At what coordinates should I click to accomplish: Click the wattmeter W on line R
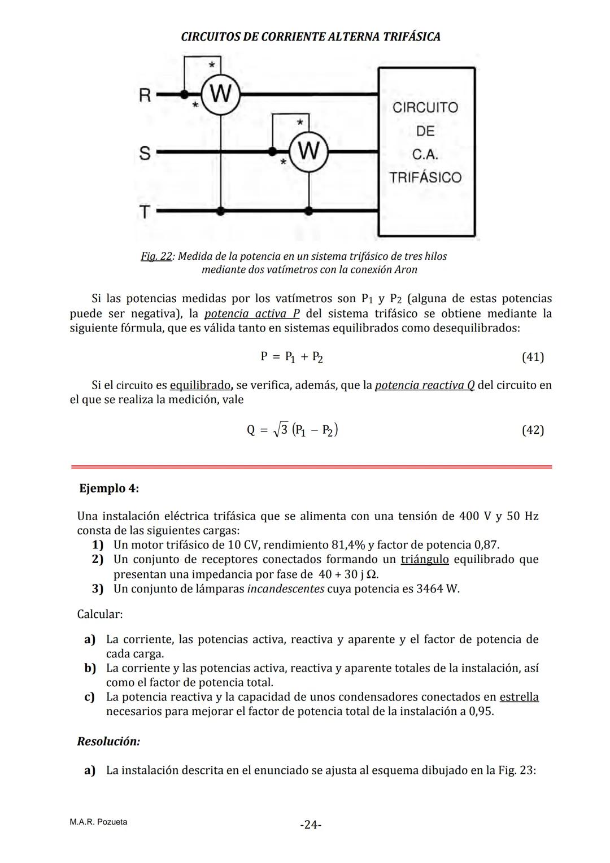[x=221, y=94]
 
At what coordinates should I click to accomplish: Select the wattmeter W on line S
[x=308, y=151]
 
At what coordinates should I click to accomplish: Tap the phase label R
[x=145, y=95]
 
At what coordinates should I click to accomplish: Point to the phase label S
[x=145, y=153]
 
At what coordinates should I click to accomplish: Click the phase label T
[x=145, y=212]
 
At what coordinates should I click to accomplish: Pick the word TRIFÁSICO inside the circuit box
[x=425, y=177]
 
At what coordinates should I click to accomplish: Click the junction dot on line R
[x=184, y=94]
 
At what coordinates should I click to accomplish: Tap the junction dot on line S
[x=272, y=151]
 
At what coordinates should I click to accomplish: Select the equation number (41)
[x=532, y=357]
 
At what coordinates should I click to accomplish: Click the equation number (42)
[x=532, y=430]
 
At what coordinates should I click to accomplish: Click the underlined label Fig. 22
[x=156, y=256]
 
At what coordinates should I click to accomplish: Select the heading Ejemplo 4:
[x=109, y=488]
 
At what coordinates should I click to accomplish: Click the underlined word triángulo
[x=425, y=559]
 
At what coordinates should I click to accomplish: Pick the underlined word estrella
[x=518, y=696]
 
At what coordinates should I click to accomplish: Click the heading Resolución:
[x=108, y=741]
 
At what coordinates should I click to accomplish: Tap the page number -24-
[x=311, y=825]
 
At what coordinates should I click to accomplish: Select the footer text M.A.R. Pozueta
[x=98, y=822]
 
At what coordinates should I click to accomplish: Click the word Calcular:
[x=100, y=613]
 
